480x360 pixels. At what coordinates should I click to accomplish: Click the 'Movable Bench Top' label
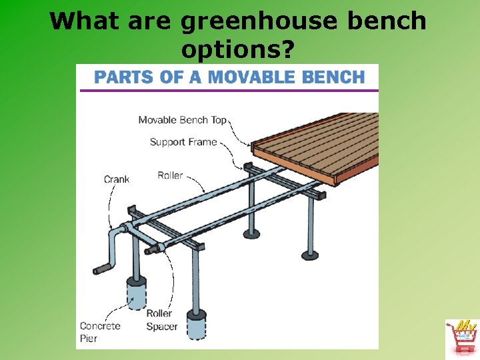tap(182, 120)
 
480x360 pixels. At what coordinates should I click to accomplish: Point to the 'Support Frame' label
tap(183, 141)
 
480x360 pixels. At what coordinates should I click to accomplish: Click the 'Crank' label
tap(117, 179)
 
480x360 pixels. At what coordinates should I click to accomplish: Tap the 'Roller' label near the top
tap(170, 175)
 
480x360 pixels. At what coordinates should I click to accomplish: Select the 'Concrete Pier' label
tap(99, 332)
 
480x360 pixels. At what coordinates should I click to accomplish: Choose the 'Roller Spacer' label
tap(162, 319)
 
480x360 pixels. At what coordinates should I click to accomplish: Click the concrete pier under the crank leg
tap(137, 294)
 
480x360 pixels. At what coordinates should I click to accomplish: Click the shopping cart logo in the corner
tap(461, 337)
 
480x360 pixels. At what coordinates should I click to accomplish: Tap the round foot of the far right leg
tap(310, 254)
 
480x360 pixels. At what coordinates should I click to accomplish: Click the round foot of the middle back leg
tap(251, 234)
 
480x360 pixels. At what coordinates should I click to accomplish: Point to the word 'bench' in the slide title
tap(392, 22)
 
